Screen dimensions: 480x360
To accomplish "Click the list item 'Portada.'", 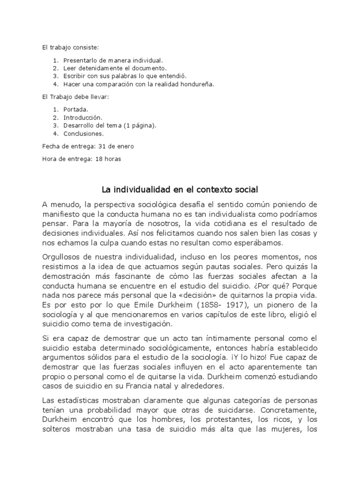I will click(76, 109).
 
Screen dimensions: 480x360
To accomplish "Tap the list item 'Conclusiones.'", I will click(84, 134).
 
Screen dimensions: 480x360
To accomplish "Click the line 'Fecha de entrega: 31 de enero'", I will click(88, 146).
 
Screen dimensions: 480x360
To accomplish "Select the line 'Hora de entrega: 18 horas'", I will click(81, 159).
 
